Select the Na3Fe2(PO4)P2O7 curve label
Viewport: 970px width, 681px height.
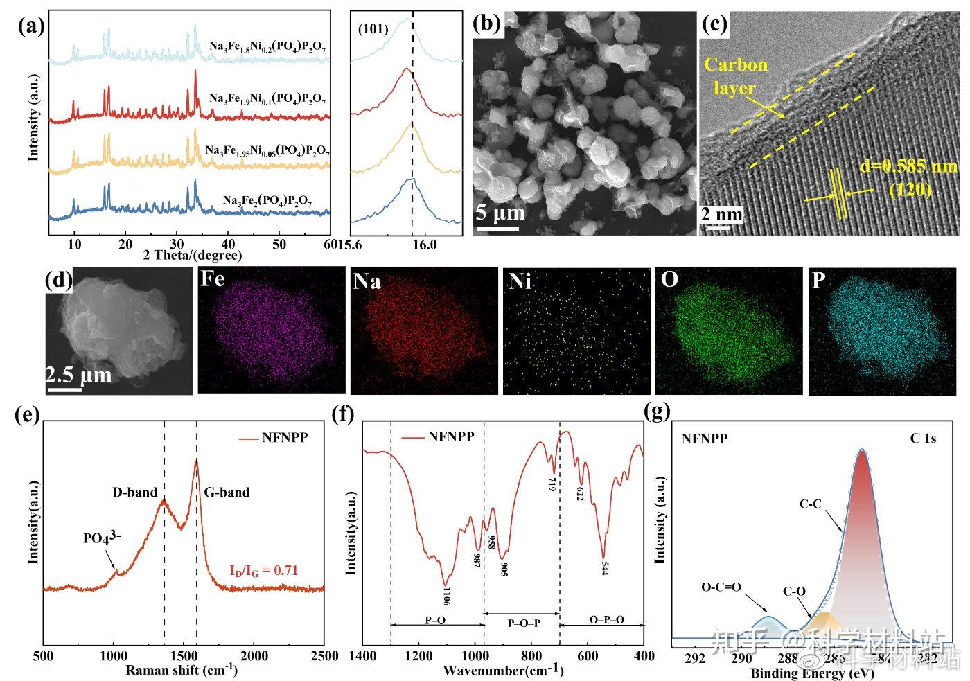pos(267,201)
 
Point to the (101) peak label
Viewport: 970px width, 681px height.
pos(373,29)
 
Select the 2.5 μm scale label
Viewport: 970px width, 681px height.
pos(78,375)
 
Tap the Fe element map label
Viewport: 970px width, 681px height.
pos(213,280)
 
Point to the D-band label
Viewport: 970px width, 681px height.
pos(135,493)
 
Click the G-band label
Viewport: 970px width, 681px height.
pos(227,493)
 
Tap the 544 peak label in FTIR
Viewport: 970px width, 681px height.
pos(605,567)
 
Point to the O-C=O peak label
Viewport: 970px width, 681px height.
pos(721,587)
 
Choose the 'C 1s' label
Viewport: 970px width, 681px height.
pos(923,439)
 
